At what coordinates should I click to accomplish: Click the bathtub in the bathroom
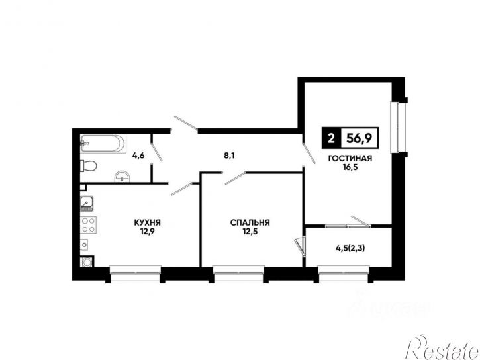tap(103, 144)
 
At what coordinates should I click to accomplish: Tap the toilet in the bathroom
tap(89, 166)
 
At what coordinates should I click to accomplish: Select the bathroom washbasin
tap(122, 176)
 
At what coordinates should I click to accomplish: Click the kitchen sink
tap(87, 204)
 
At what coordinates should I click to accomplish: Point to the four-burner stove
tap(89, 225)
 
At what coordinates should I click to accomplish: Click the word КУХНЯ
tap(147, 222)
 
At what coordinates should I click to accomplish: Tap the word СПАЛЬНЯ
tap(250, 222)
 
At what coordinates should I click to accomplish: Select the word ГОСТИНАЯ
tap(350, 158)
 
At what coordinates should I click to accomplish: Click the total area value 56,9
tap(359, 138)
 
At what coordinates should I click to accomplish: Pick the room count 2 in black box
tap(331, 138)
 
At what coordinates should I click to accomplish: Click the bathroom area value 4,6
tap(138, 156)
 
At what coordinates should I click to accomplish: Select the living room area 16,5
tap(350, 167)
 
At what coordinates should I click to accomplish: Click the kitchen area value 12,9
tap(147, 232)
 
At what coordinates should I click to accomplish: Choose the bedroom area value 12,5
tap(250, 232)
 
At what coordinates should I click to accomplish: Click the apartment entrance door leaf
tap(186, 124)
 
